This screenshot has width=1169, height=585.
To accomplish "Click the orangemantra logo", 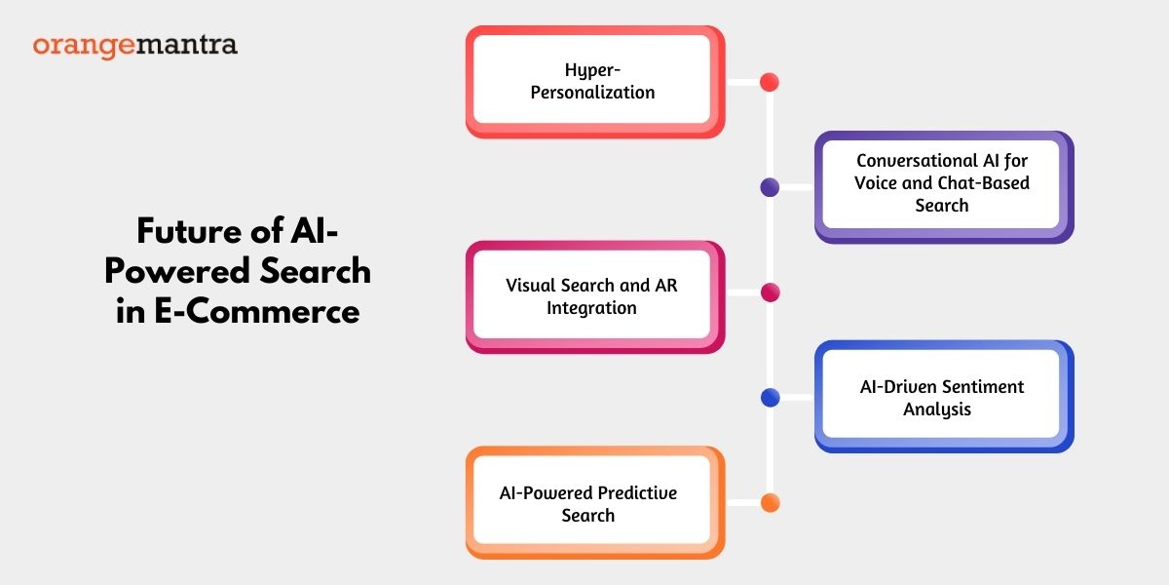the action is click(135, 46).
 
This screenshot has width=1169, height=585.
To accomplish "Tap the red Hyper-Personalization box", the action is click(595, 82).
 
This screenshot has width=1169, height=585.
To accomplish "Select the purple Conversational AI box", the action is click(944, 187).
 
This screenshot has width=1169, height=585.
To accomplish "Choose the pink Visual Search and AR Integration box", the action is click(595, 296).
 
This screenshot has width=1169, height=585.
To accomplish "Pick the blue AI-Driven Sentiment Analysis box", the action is click(944, 397).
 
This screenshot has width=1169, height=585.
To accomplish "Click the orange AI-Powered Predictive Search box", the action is click(595, 502).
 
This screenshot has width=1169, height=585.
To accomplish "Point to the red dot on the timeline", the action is click(770, 82).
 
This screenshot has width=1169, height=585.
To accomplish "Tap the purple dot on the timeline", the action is click(770, 187).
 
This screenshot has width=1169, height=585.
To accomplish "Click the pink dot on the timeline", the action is click(771, 292).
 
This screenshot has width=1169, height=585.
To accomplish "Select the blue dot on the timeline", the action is click(771, 398).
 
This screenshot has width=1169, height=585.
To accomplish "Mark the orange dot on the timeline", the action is click(771, 503).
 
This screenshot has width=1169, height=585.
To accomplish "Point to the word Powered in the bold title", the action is click(177, 271).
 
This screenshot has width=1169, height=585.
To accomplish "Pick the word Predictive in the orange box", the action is click(637, 492).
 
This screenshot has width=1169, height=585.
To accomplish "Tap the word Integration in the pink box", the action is click(591, 308).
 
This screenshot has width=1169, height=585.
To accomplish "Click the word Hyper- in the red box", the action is click(592, 70).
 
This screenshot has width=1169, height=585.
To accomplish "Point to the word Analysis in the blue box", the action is click(937, 409).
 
